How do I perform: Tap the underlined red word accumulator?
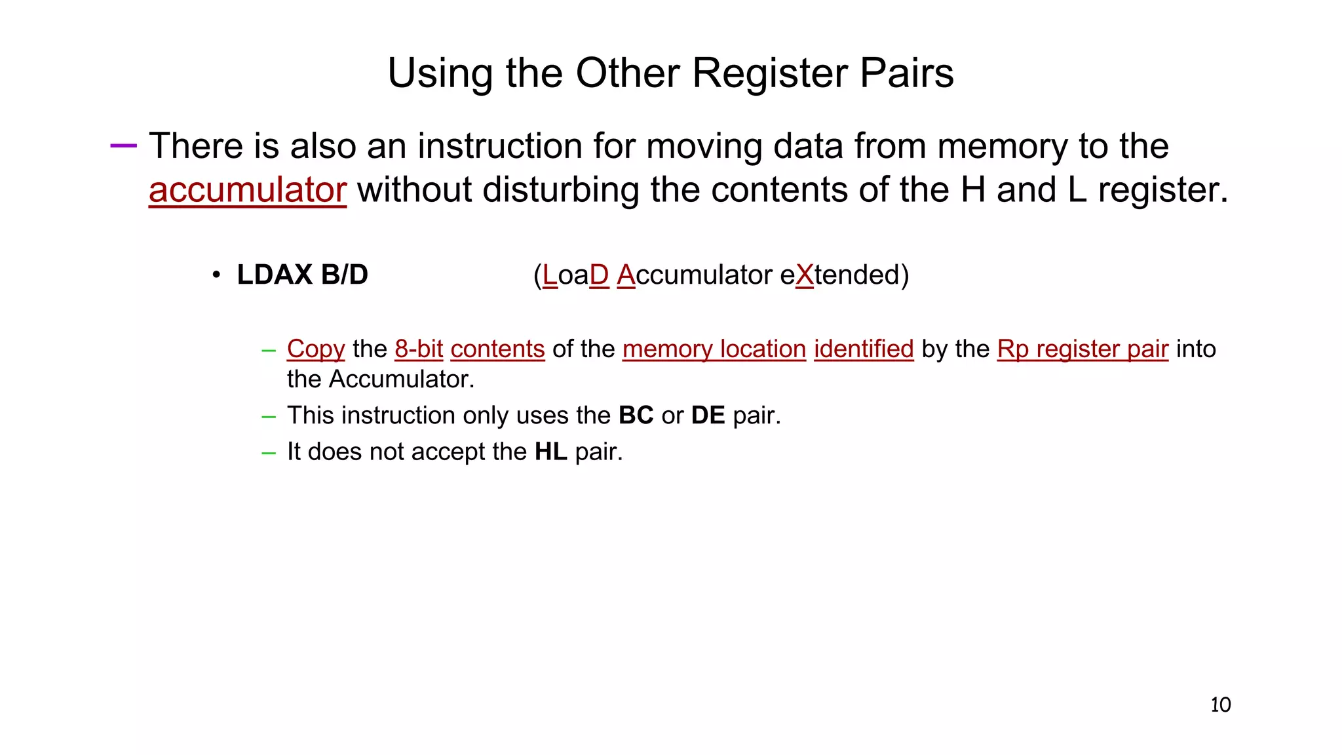pos(247,190)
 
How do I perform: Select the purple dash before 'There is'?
pos(123,145)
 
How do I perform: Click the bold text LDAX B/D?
pos(302,275)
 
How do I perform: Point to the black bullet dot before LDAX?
pos(216,275)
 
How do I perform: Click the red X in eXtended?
pos(804,275)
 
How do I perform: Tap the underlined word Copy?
pos(316,349)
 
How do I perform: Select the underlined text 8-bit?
pos(419,349)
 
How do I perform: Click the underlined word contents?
pos(497,349)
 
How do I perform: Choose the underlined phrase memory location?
pos(714,349)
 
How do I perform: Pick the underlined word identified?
pos(864,349)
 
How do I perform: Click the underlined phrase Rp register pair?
pos(1083,349)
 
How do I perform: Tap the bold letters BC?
pos(636,416)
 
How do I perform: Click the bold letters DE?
pos(708,416)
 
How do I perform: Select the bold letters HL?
pos(550,452)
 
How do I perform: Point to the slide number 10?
pos(1220,705)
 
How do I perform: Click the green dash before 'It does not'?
pos(268,452)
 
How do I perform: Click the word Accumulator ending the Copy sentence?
pos(401,379)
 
